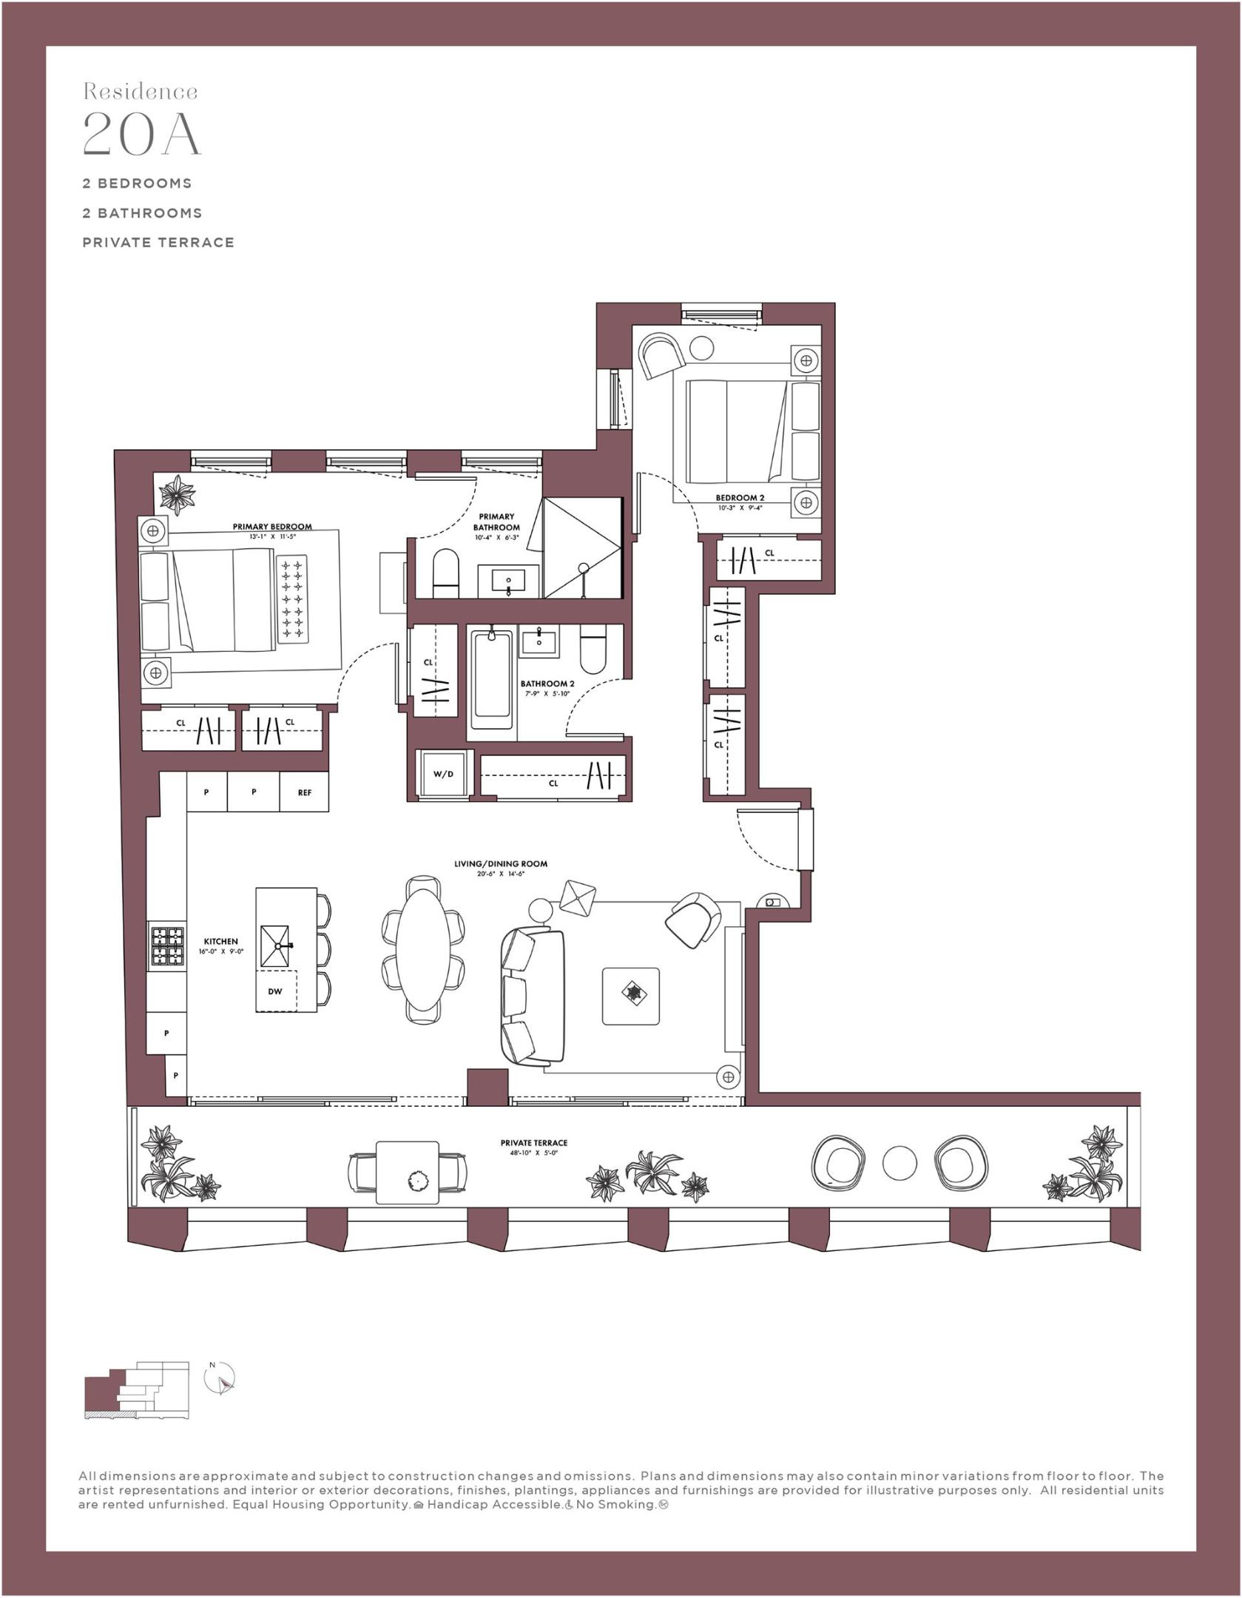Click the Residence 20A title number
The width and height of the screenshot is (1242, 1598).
click(x=141, y=134)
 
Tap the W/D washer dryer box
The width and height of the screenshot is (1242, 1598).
click(x=443, y=774)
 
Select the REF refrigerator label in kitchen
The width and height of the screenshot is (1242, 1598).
click(x=304, y=792)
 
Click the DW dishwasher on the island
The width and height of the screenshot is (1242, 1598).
click(x=275, y=991)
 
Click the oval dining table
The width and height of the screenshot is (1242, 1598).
click(x=423, y=948)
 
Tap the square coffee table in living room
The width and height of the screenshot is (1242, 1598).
click(x=630, y=996)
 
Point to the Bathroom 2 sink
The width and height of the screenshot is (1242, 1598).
click(x=539, y=640)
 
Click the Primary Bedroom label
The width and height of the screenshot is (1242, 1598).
click(x=271, y=527)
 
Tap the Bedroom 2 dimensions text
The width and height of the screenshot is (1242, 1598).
click(x=739, y=508)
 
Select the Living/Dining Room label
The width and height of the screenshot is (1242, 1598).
click(x=500, y=863)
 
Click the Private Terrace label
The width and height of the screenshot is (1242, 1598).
click(x=533, y=1142)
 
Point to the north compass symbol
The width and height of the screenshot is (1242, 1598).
click(x=219, y=1379)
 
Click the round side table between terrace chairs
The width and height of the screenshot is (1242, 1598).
click(x=900, y=1162)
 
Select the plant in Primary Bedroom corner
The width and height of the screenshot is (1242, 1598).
click(x=178, y=494)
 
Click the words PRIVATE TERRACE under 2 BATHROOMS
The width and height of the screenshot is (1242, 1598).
click(x=158, y=242)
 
